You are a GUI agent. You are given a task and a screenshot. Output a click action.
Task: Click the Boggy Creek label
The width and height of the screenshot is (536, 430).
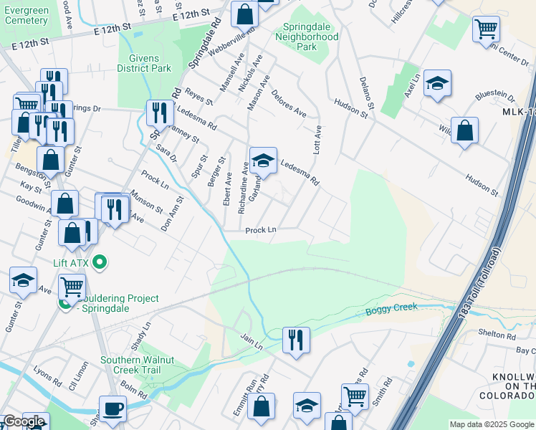point(391,310)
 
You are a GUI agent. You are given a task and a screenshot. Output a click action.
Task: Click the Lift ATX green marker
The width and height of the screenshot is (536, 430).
point(101,262)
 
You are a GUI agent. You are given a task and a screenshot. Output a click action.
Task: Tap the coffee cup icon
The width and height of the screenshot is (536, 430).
point(113,409)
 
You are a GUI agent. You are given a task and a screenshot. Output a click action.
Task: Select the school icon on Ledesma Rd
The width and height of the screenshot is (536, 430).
point(263,161)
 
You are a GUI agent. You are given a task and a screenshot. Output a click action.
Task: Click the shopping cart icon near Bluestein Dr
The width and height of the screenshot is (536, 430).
point(486,29)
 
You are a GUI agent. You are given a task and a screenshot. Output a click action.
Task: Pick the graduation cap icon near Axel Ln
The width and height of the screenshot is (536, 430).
point(436,83)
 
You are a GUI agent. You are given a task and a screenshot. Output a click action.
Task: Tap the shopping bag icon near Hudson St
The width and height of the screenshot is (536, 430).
point(465,131)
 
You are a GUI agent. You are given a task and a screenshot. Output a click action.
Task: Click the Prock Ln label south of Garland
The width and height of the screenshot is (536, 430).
point(261,231)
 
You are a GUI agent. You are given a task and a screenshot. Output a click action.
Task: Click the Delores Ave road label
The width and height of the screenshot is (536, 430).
point(289,105)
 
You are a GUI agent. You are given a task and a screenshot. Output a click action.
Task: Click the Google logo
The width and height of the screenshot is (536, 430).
point(24,421)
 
